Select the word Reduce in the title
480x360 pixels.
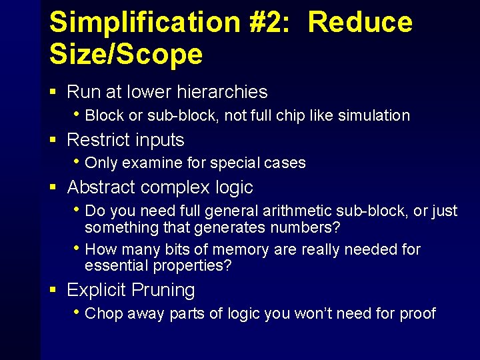click(360, 22)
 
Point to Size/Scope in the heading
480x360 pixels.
click(126, 53)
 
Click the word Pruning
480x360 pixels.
click(163, 290)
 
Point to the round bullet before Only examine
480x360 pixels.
click(78, 162)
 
